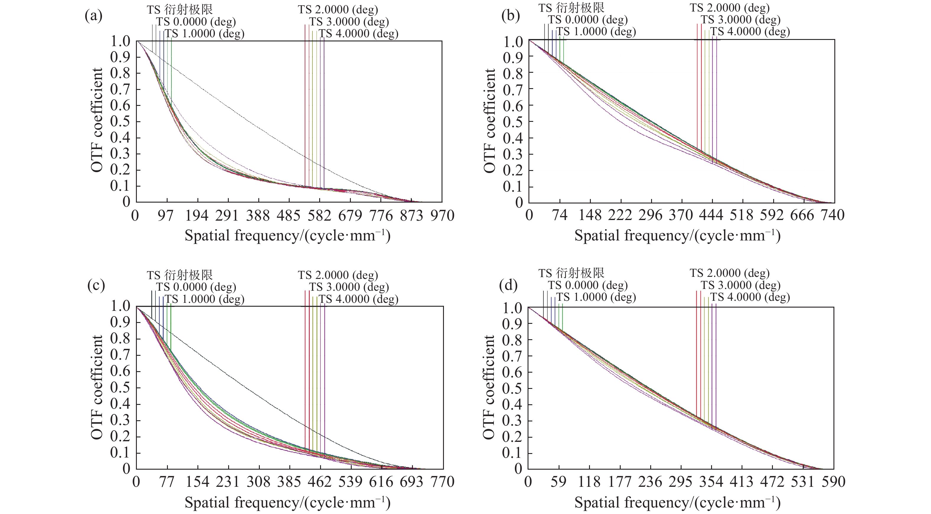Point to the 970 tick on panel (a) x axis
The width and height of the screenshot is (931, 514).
click(x=442, y=216)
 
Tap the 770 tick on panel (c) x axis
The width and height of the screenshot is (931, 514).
click(x=443, y=481)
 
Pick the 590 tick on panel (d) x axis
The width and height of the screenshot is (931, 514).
click(x=833, y=481)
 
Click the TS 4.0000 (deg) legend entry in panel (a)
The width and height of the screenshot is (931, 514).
click(x=358, y=34)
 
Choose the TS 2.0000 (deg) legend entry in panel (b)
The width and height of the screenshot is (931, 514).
click(x=730, y=8)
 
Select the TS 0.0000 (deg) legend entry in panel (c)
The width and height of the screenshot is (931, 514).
click(x=196, y=287)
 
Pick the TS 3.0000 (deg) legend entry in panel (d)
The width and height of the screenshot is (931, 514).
click(x=741, y=285)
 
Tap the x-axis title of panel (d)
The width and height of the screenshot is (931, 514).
click(x=677, y=502)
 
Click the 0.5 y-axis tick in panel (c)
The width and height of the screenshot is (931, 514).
click(x=121, y=388)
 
